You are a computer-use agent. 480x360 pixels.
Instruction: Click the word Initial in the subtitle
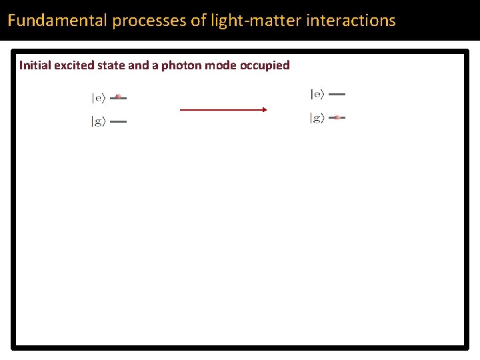[x=33, y=65]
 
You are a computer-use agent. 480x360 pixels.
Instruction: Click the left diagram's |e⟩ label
[x=99, y=98]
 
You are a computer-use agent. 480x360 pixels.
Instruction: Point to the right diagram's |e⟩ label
[x=317, y=95]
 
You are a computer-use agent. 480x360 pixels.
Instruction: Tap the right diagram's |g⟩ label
[x=317, y=118]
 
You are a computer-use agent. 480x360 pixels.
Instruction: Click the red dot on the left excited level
[x=119, y=97]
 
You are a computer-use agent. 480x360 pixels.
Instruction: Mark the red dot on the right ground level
[x=337, y=117]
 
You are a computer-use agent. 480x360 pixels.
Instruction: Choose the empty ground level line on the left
[x=118, y=122]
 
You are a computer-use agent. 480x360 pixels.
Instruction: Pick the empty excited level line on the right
[x=337, y=95]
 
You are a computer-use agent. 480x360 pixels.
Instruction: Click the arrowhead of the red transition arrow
[x=263, y=109]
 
